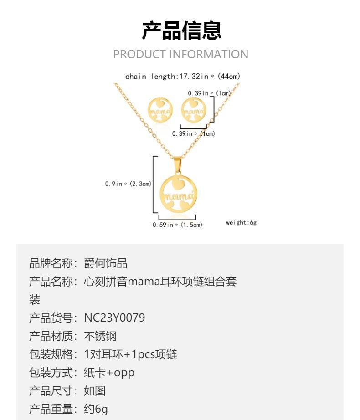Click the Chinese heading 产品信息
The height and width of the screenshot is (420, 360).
[x=181, y=31]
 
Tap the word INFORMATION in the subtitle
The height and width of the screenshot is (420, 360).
[x=209, y=55]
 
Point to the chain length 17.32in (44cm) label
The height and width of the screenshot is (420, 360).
[x=182, y=77]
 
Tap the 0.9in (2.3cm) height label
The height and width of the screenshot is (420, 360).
[x=128, y=184]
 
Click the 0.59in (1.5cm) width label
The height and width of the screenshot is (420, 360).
[x=177, y=225]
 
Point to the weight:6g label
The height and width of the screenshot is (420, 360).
[x=242, y=223]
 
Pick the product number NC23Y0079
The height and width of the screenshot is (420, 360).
[x=114, y=318]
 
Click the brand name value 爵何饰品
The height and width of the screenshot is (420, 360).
[x=106, y=263]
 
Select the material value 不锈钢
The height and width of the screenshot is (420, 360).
[x=100, y=336]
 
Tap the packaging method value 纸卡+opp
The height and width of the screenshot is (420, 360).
[x=109, y=373]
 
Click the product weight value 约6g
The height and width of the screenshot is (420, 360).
[x=96, y=409]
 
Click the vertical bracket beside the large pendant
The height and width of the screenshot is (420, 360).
[x=154, y=184]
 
